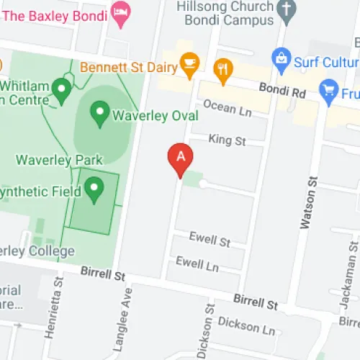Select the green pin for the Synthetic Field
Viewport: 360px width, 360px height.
tap(93, 189)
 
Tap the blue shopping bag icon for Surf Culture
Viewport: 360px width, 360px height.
tap(280, 57)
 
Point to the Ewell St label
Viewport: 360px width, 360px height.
tap(210, 240)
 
